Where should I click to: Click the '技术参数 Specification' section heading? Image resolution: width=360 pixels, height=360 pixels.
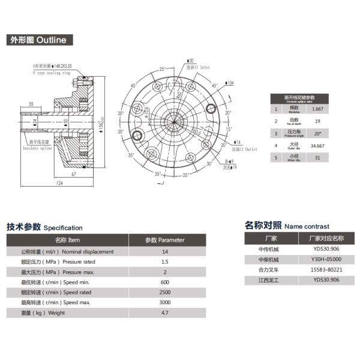(x=44, y=227)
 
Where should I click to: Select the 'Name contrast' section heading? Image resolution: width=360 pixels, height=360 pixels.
(x=287, y=226)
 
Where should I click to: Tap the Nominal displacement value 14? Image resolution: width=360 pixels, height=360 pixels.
(x=165, y=251)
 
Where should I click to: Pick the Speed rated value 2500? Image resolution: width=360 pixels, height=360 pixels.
(x=165, y=292)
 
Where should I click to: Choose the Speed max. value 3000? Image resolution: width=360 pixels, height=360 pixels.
(x=165, y=302)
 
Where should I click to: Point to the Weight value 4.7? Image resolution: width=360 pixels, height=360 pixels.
(x=165, y=313)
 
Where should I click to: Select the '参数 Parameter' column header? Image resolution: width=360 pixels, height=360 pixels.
(x=165, y=240)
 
